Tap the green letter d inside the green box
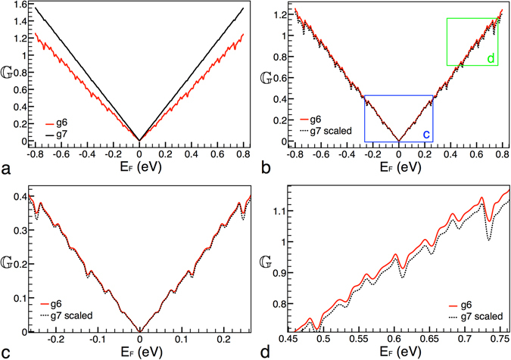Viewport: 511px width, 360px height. tap(490, 57)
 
